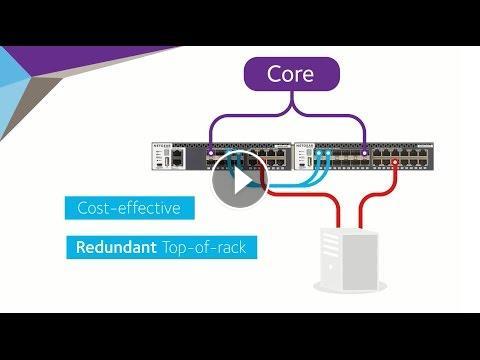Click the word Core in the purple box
[290, 74]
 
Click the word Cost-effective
[129, 208]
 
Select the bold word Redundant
[116, 247]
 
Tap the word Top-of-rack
[204, 247]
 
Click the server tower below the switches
[349, 259]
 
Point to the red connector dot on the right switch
[395, 162]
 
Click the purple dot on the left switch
[210, 153]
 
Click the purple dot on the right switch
[365, 153]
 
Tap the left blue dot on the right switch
[319, 153]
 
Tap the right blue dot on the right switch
[328, 153]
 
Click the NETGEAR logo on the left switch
[162, 146]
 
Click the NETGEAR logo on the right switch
[305, 146]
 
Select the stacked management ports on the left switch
[178, 158]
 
